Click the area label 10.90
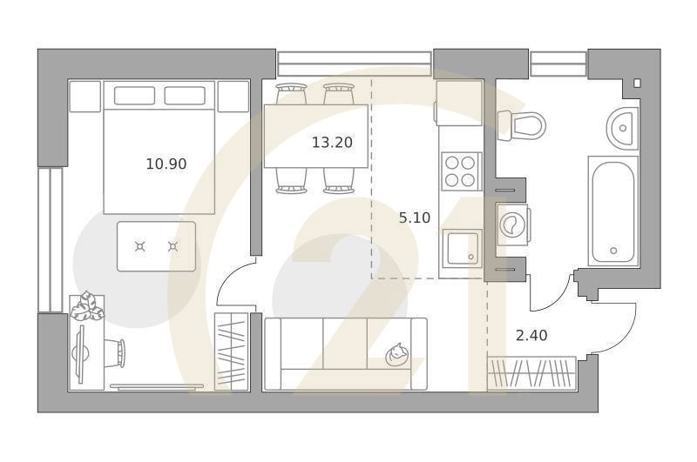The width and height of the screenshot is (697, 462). pos(166,163)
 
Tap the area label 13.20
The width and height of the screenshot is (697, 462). pos(332,143)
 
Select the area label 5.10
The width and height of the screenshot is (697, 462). pos(415,218)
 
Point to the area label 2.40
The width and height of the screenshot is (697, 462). pos(531,335)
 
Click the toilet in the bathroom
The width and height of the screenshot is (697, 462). pos(523,125)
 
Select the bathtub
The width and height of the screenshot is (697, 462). pos(613,211)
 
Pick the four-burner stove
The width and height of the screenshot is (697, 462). pos(461,171)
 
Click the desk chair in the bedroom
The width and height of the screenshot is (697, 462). pos(115,352)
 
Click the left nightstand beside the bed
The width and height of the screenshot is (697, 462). pos(85,97)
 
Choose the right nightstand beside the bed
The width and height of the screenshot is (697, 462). pos(233,97)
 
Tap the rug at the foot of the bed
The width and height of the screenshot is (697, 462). pos(157,246)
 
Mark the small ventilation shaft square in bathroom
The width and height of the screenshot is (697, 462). pos(638,84)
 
